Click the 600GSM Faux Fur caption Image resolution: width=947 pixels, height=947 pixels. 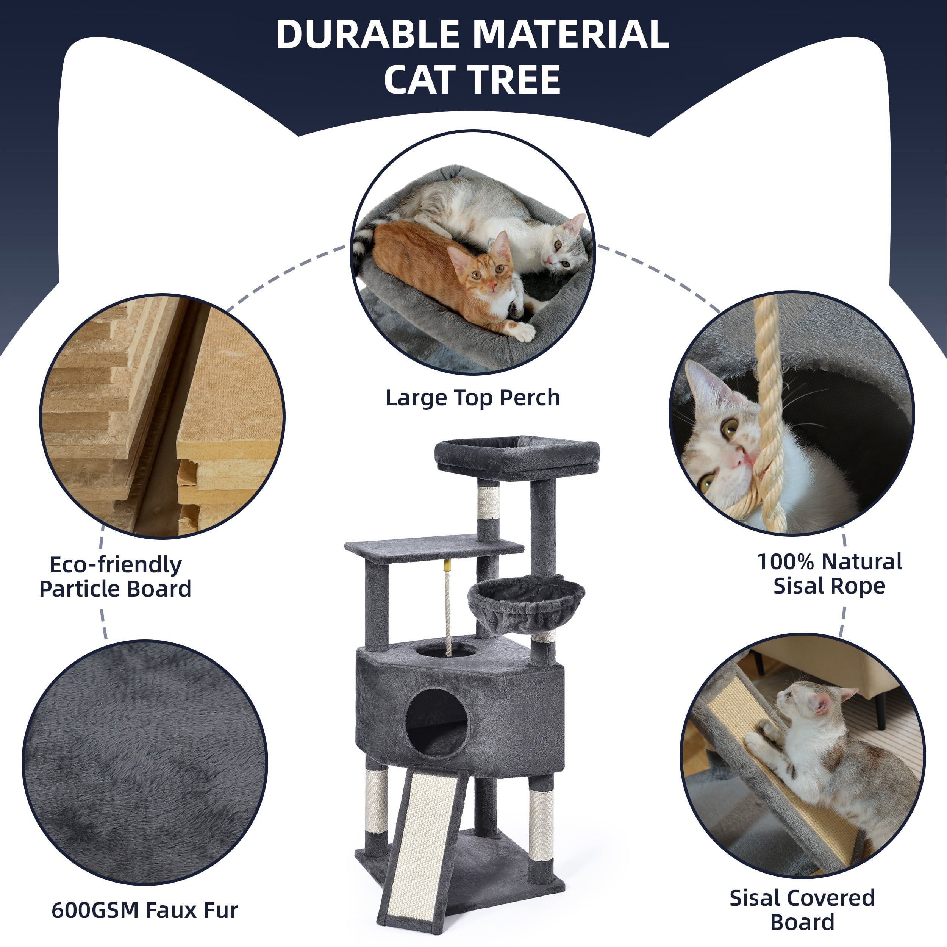(145, 910)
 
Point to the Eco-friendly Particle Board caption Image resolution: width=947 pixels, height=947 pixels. (115, 577)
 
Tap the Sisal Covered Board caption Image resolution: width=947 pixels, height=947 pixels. (802, 910)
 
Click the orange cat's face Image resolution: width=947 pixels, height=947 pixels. (484, 269)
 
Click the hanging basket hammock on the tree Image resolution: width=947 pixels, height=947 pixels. (527, 603)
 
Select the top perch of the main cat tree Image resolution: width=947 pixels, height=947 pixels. (517, 457)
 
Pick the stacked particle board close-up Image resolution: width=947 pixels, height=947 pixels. (162, 416)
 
